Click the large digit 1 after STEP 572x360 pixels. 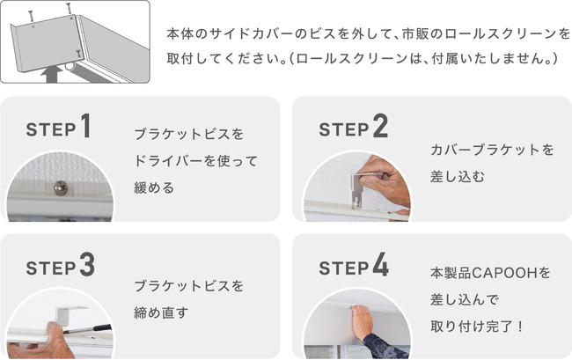point(86,126)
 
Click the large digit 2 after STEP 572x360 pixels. point(380,126)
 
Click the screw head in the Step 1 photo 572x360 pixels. point(61,187)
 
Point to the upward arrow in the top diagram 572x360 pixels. point(50,75)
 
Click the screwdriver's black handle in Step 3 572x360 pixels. point(102,327)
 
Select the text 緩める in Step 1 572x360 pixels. point(154,187)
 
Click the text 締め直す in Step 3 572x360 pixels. point(161,312)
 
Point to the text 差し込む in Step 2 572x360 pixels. point(458,177)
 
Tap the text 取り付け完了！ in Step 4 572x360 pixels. point(477,327)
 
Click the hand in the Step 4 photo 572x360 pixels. point(362,322)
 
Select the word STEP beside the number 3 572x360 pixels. point(51,268)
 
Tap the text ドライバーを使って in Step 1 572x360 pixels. point(196,161)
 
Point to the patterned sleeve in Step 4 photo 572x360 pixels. point(386,346)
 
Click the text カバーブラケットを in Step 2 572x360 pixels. point(492,150)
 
